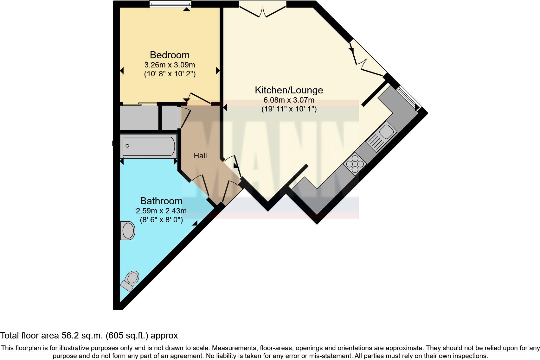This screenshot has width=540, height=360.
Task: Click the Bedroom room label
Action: (170, 55)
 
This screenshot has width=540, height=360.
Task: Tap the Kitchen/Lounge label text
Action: (289, 90)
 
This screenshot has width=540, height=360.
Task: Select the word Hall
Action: (200, 156)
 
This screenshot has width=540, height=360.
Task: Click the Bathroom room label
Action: (161, 201)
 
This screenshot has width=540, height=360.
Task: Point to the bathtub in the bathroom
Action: (148, 146)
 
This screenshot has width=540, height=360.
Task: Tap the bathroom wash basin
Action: (128, 231)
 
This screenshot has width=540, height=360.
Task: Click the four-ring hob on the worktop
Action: (355, 163)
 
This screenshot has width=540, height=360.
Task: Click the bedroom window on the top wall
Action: (170, 4)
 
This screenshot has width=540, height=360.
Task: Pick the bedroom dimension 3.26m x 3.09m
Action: (170, 65)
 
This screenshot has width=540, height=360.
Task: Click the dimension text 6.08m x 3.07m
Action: (289, 100)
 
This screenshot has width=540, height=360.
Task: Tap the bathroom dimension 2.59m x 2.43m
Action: (161, 211)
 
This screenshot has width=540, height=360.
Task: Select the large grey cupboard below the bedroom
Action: (139, 117)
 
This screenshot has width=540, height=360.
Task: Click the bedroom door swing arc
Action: (199, 98)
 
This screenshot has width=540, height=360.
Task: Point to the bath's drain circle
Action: (127, 146)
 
